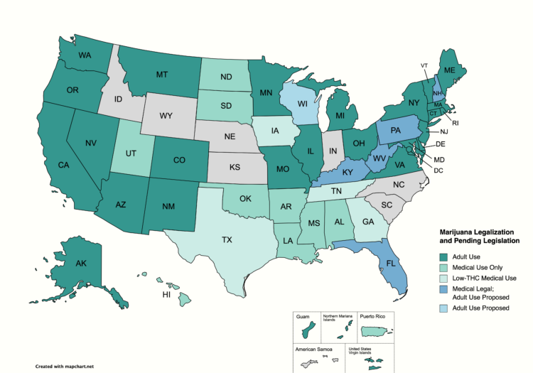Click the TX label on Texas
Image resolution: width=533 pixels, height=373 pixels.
[227, 240]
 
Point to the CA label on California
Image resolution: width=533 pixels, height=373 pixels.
[63, 166]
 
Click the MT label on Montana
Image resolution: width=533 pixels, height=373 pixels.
[162, 74]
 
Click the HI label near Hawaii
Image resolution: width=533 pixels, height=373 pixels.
[146, 294]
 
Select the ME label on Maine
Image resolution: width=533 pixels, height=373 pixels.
[449, 70]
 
